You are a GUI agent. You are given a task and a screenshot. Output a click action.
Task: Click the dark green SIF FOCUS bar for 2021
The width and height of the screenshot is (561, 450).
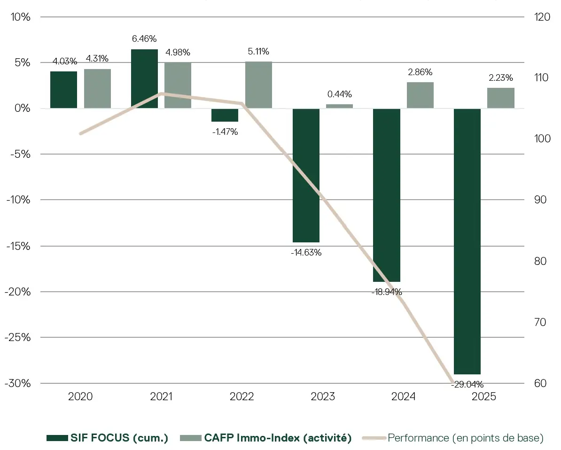[144, 78]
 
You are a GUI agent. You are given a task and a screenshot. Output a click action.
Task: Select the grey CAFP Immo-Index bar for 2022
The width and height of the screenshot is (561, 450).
[258, 85]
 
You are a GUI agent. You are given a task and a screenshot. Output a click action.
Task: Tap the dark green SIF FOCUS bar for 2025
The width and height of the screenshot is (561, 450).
[467, 241]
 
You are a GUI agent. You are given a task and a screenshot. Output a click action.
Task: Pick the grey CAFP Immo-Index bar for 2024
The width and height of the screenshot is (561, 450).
[420, 95]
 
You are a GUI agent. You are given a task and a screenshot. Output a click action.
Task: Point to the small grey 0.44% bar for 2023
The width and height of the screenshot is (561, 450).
[339, 106]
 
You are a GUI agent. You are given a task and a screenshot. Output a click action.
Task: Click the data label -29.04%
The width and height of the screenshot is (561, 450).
[467, 385]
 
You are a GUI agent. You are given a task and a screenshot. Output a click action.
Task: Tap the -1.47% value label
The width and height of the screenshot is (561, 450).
[225, 132]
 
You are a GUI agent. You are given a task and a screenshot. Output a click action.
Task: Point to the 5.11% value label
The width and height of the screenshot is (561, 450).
[258, 52]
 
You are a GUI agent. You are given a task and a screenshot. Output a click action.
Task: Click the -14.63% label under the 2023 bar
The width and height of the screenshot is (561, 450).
[306, 252]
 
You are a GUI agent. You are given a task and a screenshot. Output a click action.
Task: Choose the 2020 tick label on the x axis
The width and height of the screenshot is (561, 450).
[80, 397]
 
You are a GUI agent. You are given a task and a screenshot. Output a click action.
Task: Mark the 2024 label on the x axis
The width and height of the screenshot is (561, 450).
[403, 397]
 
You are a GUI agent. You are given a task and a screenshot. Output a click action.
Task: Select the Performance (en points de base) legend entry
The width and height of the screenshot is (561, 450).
[454, 438]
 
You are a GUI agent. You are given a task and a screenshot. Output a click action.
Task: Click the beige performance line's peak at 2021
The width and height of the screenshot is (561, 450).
[161, 93]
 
